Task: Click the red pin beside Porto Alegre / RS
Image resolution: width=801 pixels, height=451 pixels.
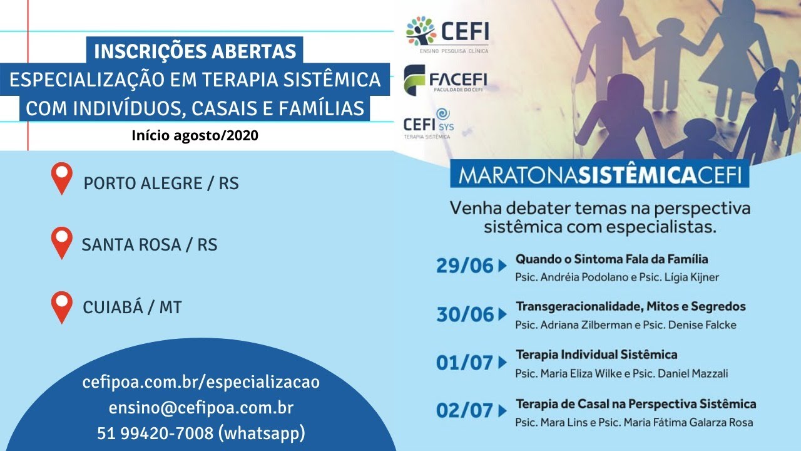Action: [62, 178]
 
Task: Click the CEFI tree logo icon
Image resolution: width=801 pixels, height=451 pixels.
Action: [421, 31]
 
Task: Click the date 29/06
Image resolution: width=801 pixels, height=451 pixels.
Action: [465, 266]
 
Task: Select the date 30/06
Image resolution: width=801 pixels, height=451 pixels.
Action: [465, 314]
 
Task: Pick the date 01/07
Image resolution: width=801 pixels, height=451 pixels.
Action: [465, 362]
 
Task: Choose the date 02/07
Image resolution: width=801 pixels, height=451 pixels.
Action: [465, 410]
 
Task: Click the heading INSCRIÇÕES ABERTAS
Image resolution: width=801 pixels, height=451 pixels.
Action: [195, 51]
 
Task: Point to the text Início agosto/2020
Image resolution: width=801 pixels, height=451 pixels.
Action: [195, 135]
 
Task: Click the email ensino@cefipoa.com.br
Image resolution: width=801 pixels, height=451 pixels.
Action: [201, 408]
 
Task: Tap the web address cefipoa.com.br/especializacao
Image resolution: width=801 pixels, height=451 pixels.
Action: [201, 383]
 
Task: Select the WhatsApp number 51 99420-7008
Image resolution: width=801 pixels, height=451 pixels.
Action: [201, 433]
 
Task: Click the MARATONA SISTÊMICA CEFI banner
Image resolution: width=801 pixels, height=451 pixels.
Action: [599, 176]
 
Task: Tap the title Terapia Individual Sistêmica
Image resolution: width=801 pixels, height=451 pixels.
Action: [596, 355]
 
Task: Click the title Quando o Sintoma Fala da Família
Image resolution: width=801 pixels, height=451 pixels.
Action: [611, 259]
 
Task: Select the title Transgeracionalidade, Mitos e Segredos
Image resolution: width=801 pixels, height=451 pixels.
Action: [631, 306]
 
